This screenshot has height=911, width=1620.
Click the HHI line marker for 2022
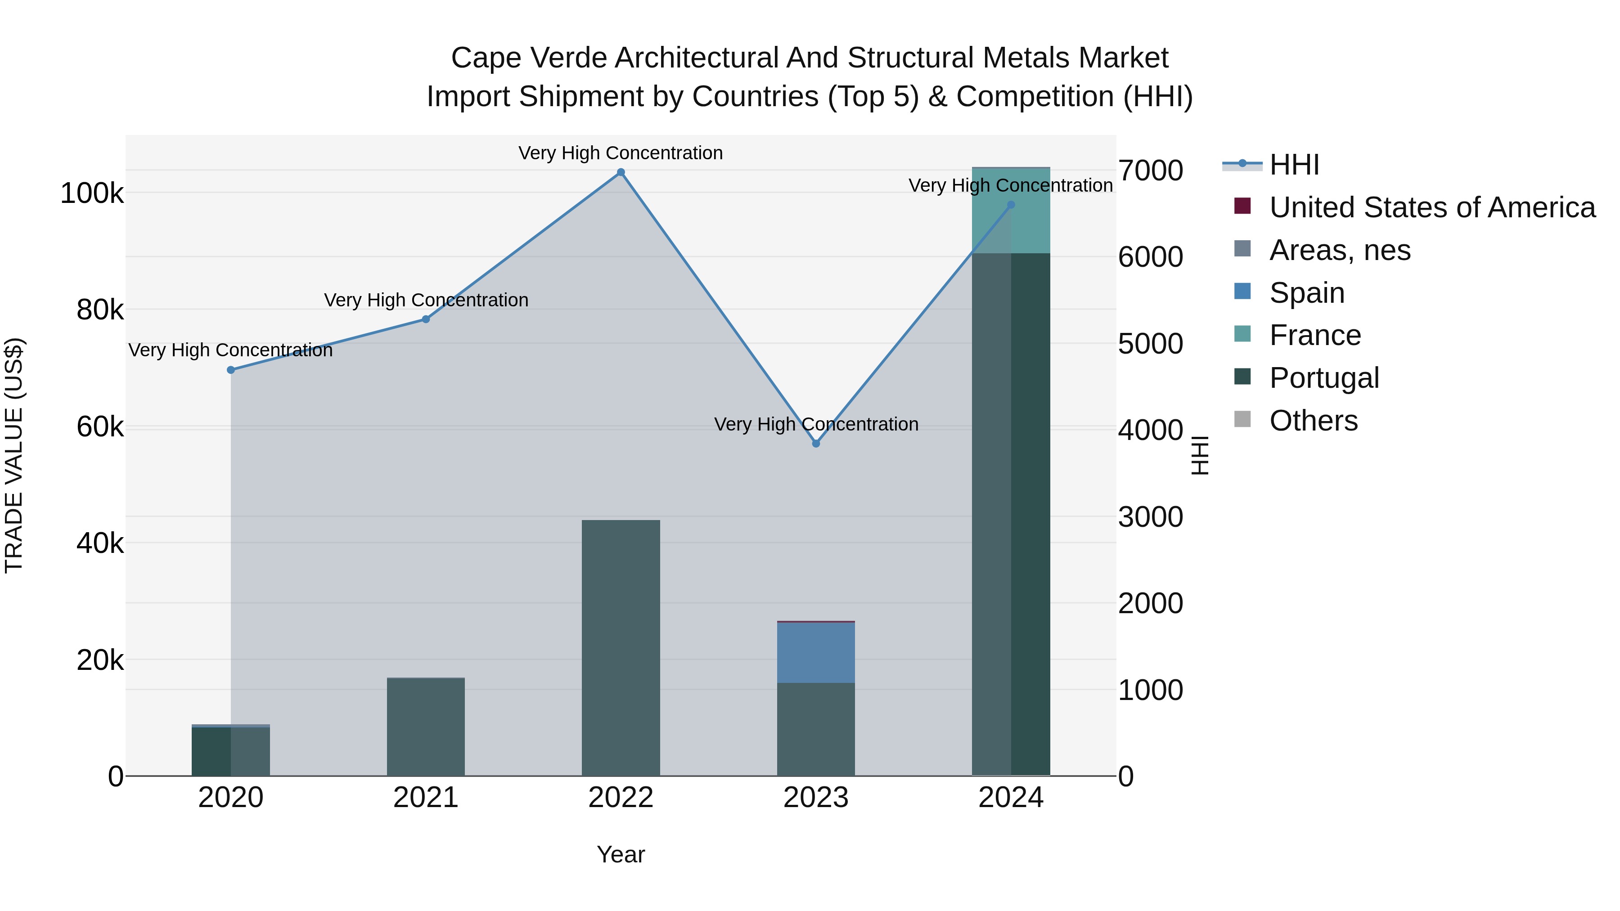[621, 172]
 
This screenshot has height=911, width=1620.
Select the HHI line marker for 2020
[231, 370]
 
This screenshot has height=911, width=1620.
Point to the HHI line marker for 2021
[426, 319]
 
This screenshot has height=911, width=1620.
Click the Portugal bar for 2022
[621, 647]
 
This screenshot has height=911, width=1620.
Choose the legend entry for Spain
[1306, 293]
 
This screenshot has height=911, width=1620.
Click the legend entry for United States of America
[1431, 207]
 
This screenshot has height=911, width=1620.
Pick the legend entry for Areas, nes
[1340, 250]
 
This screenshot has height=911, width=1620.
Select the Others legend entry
[1313, 421]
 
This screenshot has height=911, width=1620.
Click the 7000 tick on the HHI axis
[1150, 171]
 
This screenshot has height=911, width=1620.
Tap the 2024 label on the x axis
[1011, 798]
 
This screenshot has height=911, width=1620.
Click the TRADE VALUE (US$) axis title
[14, 455]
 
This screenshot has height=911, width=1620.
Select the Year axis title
[621, 854]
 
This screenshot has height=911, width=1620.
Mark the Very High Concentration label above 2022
[621, 153]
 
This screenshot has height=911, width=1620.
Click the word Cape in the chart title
[486, 58]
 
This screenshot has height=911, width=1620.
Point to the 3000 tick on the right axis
[1150, 517]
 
